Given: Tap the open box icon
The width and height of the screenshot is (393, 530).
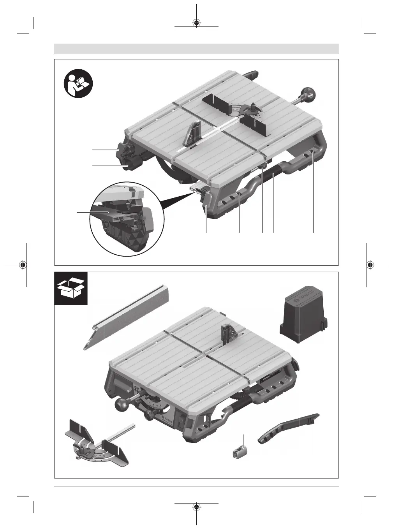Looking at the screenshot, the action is click(70, 288).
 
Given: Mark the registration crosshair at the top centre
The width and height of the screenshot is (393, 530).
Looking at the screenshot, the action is click(196, 22).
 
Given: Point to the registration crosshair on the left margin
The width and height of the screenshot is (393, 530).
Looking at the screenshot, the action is click(23, 265).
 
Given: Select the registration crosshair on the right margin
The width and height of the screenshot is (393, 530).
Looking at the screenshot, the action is click(370, 265).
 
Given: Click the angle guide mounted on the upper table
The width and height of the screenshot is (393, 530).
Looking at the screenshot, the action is click(237, 112).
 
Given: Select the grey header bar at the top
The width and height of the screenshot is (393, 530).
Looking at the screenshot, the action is click(196, 49).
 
